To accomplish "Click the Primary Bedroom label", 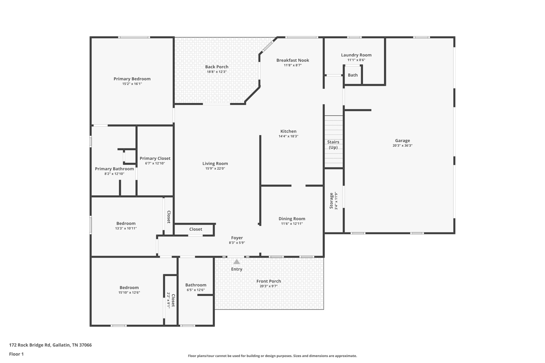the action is click(132, 79).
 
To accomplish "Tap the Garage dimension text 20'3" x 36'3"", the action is click(402, 145).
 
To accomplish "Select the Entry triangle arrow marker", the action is click(237, 262).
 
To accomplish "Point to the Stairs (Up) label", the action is click(333, 145).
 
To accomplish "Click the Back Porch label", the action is click(217, 67).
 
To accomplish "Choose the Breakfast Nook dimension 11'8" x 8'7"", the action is click(293, 65).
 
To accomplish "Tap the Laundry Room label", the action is click(356, 55).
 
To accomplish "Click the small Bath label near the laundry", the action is click(353, 75).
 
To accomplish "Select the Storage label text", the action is click(331, 201).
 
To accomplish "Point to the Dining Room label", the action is click(292, 219).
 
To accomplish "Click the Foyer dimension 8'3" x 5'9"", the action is click(237, 243).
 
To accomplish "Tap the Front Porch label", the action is click(269, 281).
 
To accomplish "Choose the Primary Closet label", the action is click(155, 158).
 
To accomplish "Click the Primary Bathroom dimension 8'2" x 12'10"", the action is click(114, 174).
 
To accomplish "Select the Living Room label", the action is click(215, 164).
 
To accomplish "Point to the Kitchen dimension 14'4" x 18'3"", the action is click(288, 136).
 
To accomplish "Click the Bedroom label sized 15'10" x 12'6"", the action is click(129, 287).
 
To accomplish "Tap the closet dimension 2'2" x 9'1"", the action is click(168, 300).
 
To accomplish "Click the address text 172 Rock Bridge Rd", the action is click(30, 345).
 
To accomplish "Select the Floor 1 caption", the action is click(16, 354).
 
